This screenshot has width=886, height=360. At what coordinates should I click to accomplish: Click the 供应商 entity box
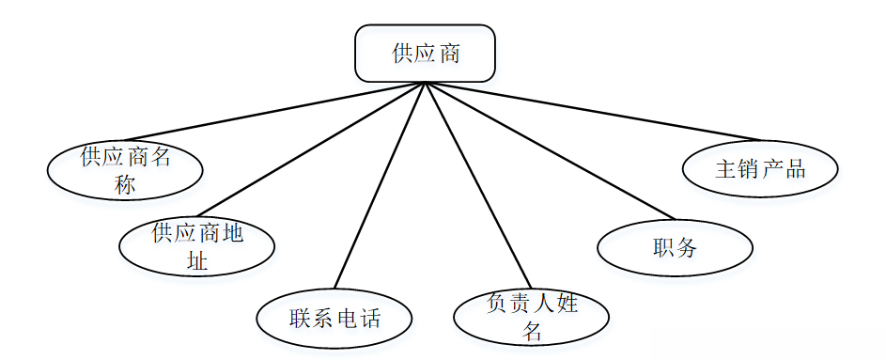pyautogui.click(x=425, y=53)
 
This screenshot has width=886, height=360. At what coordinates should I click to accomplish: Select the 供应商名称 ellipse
pyautogui.click(x=126, y=169)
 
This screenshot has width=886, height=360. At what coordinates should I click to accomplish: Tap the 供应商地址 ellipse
pyautogui.click(x=197, y=246)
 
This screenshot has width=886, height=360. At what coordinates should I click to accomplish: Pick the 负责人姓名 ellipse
pyautogui.click(x=531, y=316)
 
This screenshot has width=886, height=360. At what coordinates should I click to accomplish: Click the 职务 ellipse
pyautogui.click(x=675, y=248)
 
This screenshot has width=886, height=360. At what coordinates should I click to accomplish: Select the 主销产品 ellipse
pyautogui.click(x=760, y=169)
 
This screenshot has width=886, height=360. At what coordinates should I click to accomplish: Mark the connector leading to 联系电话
pyautogui.click(x=381, y=188)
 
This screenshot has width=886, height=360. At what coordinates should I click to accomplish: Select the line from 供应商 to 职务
pyautogui.click(x=550, y=149)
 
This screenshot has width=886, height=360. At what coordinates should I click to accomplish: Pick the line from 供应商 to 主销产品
pyautogui.click(x=592, y=111)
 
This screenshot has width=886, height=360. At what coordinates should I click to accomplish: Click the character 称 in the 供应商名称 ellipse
pyautogui.click(x=125, y=184)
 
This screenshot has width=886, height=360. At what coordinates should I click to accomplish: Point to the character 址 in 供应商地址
pyautogui.click(x=197, y=260)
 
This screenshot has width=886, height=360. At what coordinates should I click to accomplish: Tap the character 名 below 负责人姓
pyautogui.click(x=533, y=331)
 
